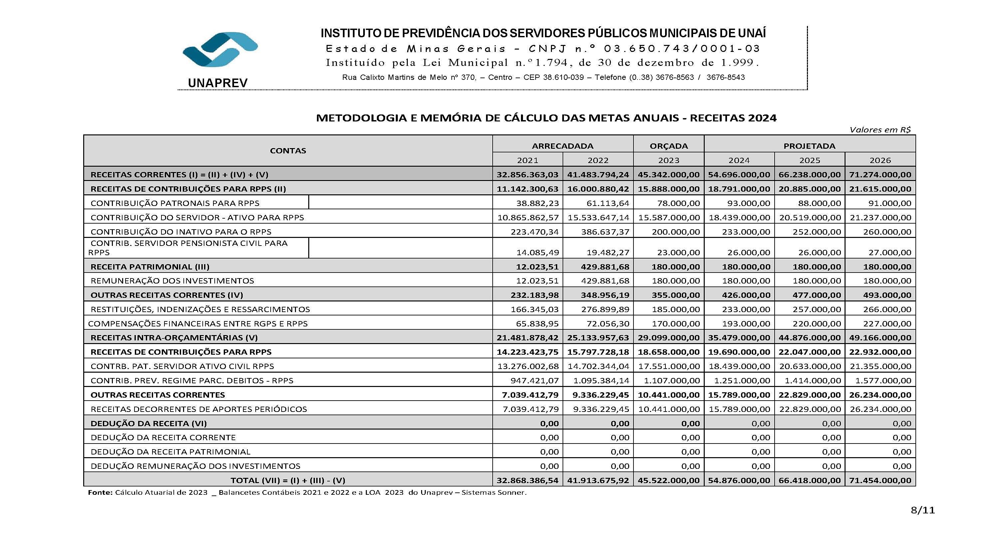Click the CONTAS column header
288,151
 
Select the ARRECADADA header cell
563,146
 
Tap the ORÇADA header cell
668,146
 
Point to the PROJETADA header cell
809,146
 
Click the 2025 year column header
810,160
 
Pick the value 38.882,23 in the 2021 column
537,203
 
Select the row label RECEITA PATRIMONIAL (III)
150,267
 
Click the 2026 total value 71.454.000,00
880,480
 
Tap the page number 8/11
923,510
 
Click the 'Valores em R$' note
880,130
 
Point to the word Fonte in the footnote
100,492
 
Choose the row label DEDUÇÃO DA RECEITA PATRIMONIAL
170,452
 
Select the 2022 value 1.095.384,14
601,381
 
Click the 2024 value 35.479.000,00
739,338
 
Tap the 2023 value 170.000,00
675,324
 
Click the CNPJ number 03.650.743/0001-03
682,49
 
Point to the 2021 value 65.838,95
537,324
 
